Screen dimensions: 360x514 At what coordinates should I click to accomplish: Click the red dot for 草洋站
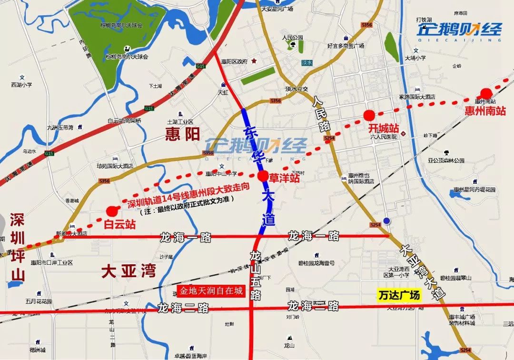coord(263,176)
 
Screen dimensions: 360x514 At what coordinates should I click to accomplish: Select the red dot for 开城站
coord(368,115)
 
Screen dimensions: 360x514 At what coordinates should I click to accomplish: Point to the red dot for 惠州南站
coord(486,93)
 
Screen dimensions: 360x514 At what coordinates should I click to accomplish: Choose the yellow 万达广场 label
coord(399,295)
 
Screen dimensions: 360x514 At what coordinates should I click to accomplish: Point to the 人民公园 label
coord(292,37)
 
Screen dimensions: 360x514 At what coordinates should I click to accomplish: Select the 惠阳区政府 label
coord(235,61)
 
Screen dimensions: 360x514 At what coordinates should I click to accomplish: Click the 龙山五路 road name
coord(256,276)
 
